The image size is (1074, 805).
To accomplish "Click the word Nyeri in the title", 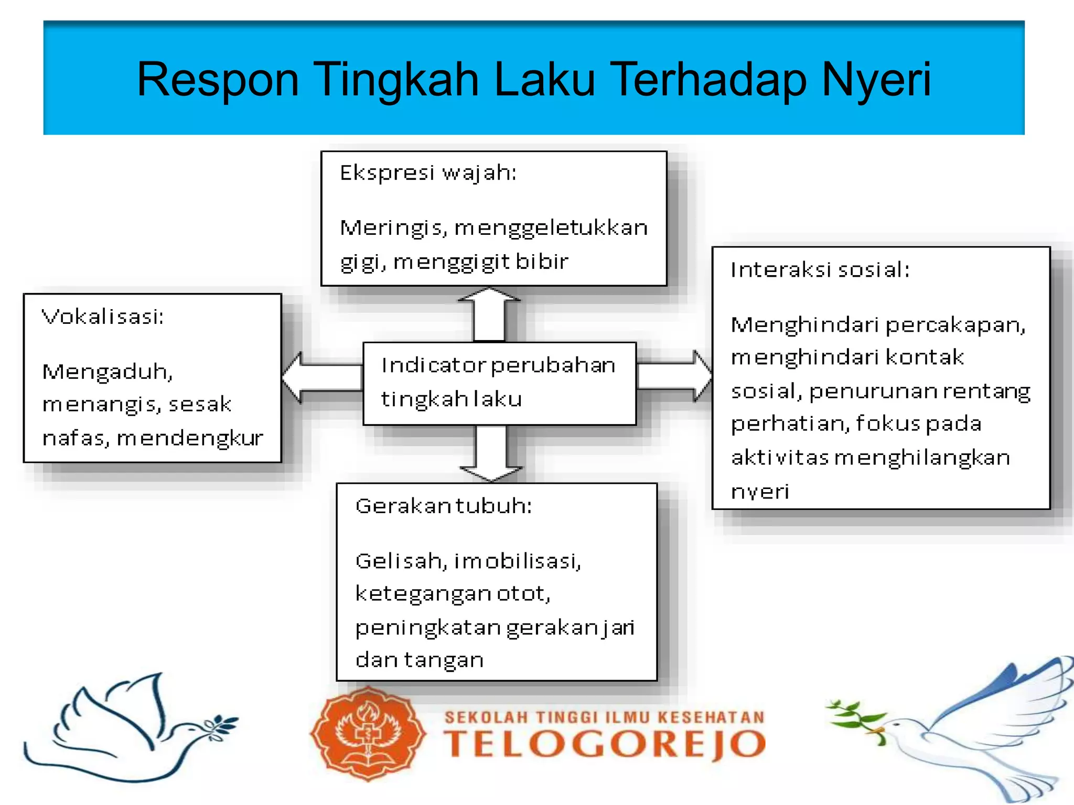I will pos(876,80).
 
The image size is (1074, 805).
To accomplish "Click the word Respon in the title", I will pos(217,80).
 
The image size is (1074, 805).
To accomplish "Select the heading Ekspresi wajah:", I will pos(428,173).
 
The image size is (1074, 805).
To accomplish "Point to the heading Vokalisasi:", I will pos(103,317).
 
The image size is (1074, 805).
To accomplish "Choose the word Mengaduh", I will pos(107,372).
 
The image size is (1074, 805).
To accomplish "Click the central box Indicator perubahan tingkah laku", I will pos(499,383).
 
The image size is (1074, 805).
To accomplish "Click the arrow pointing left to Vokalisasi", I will pos(320,377).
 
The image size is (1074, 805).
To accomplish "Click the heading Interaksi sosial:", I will pos(820,270).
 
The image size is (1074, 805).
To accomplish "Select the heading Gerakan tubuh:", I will pos(444,506).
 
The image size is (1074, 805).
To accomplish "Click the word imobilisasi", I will pos(517,561).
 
